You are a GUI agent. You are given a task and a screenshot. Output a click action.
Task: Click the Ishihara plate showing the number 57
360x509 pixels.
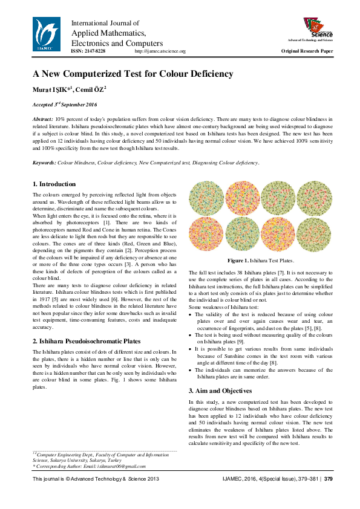click(278, 198)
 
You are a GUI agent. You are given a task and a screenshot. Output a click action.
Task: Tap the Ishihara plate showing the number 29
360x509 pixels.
click(314, 198)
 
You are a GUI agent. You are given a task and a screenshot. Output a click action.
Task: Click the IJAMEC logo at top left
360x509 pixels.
click(47, 33)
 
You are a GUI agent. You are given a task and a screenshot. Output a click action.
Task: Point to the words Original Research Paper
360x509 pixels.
click(307, 51)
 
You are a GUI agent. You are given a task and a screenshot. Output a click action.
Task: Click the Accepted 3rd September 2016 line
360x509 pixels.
click(65, 105)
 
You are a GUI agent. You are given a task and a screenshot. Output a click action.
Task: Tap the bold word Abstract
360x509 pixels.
click(42, 121)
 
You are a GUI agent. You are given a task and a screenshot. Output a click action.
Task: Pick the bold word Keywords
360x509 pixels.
click(44, 163)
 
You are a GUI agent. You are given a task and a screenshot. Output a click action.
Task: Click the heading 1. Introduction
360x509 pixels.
click(54, 184)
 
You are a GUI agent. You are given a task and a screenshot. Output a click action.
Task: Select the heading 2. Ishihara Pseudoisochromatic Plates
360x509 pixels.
click(87, 341)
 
